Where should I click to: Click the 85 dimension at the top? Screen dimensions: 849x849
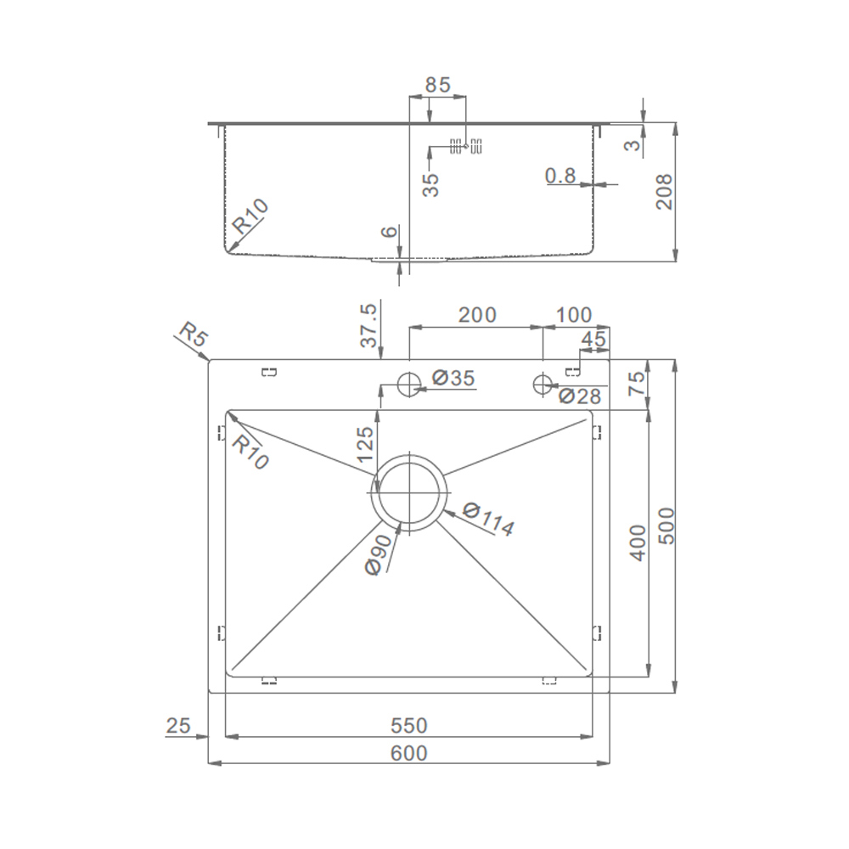[437, 85]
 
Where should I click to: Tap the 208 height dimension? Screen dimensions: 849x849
[664, 192]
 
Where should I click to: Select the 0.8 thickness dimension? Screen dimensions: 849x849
[560, 176]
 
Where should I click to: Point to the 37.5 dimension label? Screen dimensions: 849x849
[368, 325]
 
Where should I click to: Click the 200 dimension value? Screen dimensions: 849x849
[477, 315]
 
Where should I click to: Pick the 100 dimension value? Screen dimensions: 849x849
[573, 315]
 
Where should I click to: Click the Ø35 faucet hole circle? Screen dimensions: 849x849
[409, 385]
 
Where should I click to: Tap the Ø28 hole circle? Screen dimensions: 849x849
[542, 385]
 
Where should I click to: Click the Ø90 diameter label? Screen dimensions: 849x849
[379, 554]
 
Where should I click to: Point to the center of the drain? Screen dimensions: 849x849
[409, 493]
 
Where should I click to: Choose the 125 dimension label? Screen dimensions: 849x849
[366, 444]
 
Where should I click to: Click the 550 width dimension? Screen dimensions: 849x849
[409, 725]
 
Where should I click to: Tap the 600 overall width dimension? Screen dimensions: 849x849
[409, 752]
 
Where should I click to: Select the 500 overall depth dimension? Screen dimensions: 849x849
[666, 526]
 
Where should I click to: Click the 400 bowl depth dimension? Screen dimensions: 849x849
[639, 543]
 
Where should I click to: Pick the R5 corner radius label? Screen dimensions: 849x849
[193, 335]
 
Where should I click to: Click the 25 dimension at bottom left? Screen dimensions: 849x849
[178, 725]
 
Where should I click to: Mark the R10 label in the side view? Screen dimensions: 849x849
[250, 216]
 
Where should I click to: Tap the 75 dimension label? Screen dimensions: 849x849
[638, 384]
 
